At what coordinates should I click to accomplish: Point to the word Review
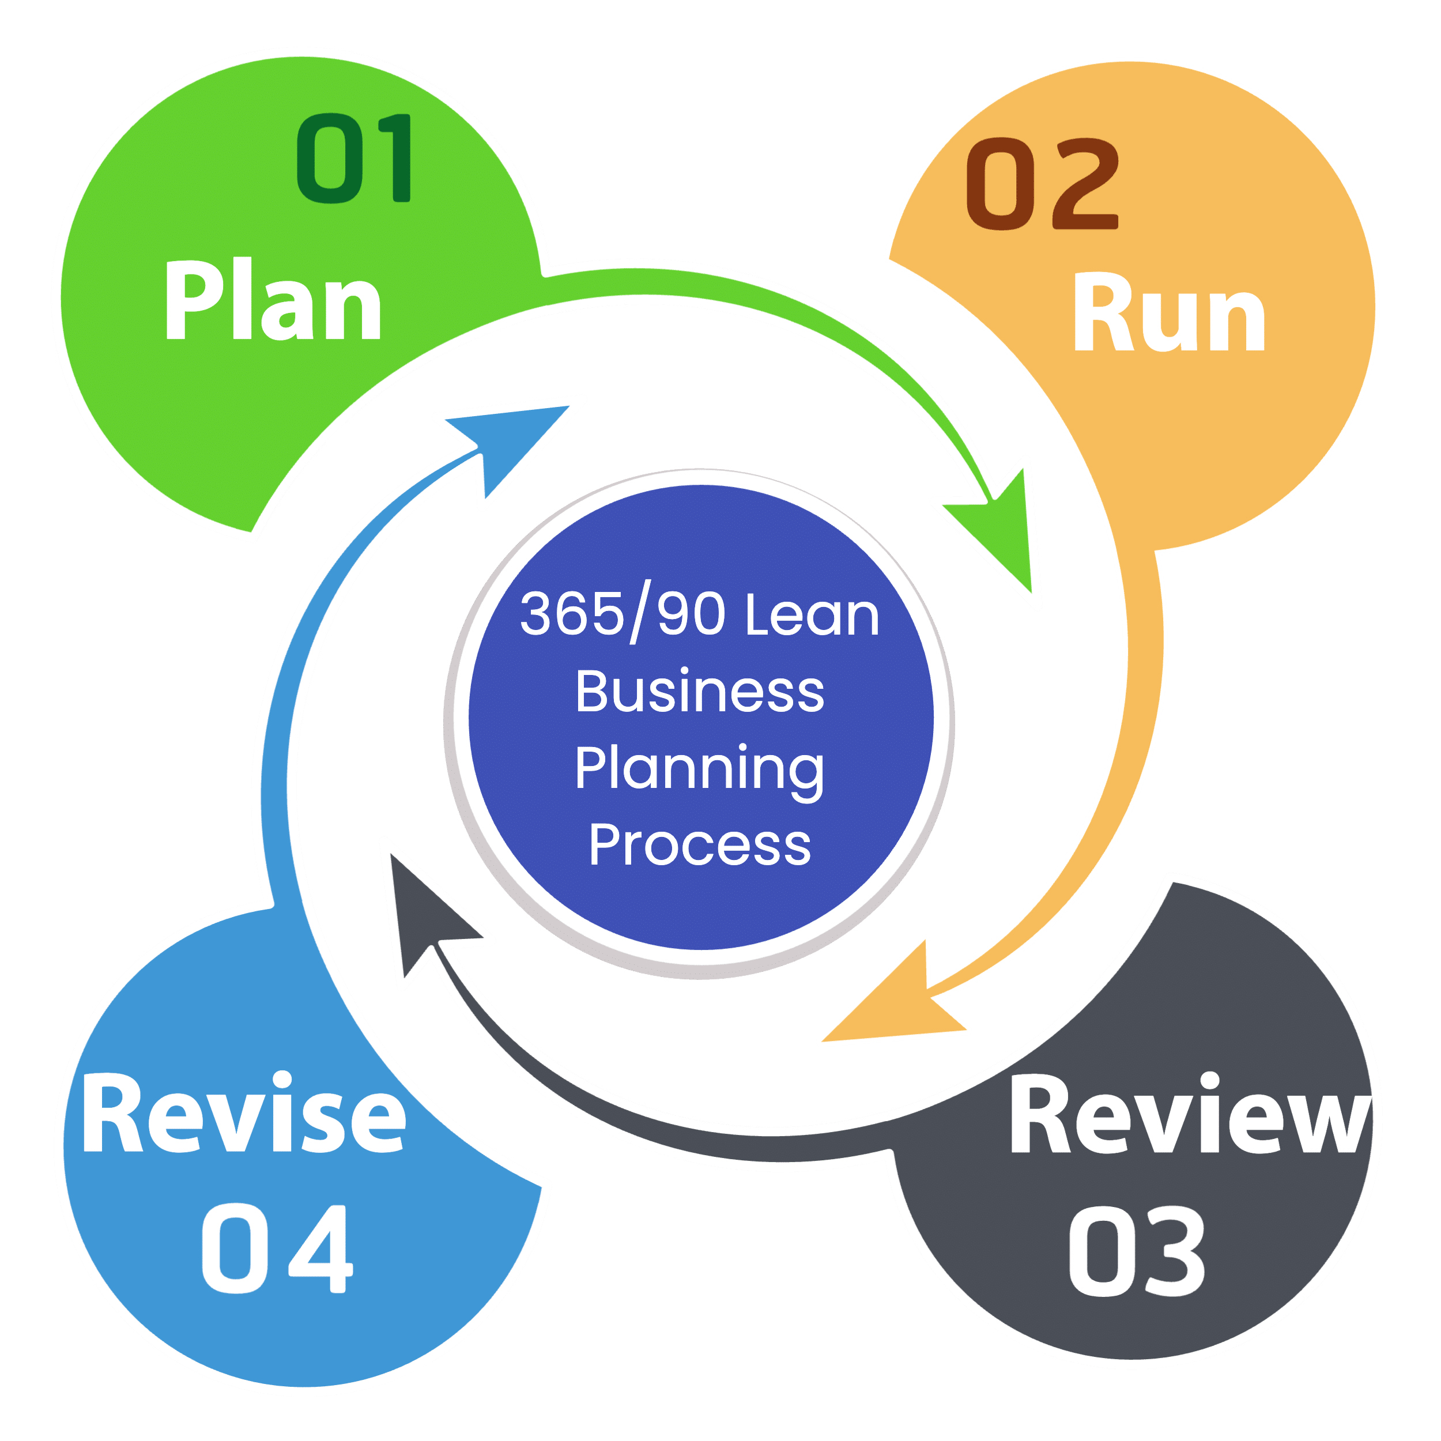pos(1190,1115)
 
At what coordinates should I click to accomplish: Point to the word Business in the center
pos(700,692)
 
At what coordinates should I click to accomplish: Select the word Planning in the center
pos(700,769)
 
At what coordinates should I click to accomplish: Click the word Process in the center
pos(700,845)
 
